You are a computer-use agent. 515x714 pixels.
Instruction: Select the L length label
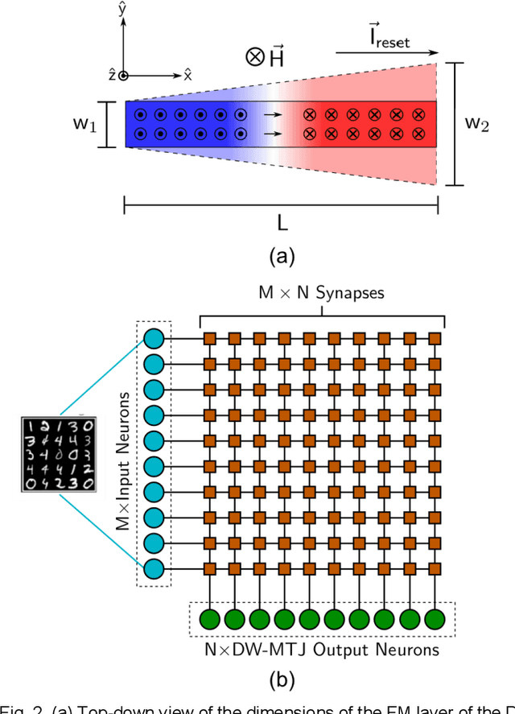click(x=281, y=221)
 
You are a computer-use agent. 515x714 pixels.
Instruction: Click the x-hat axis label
click(x=187, y=75)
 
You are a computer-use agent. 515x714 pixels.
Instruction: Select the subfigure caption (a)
click(x=281, y=257)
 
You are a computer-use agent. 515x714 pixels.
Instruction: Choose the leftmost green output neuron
click(x=209, y=620)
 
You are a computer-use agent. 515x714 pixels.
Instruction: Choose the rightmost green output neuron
click(x=435, y=620)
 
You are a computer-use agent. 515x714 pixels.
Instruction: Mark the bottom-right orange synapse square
click(x=435, y=569)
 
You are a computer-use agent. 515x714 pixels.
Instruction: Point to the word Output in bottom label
click(x=338, y=650)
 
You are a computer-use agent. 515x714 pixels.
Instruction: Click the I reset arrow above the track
click(x=386, y=53)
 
